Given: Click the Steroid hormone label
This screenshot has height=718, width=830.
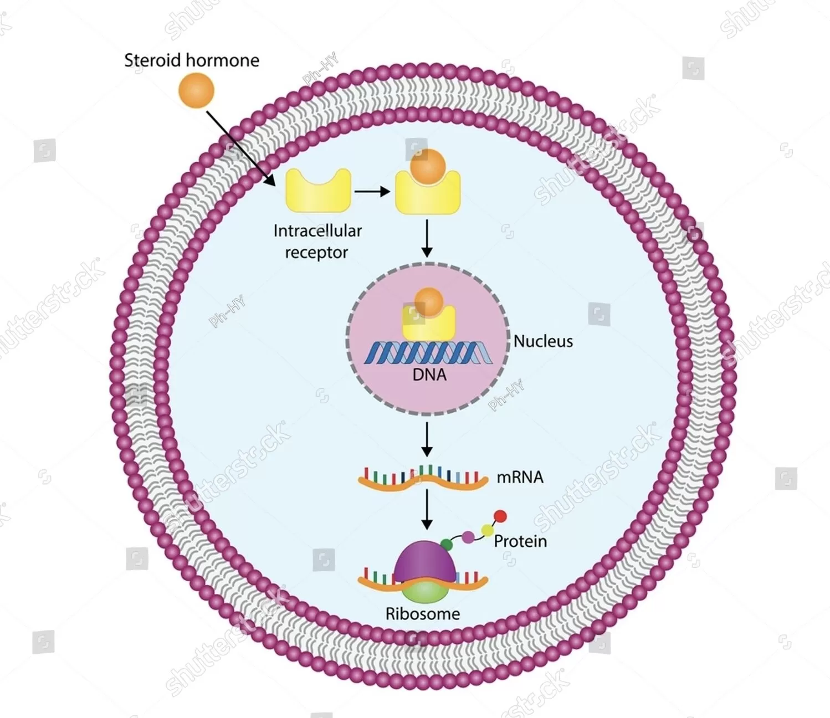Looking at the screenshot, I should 191,60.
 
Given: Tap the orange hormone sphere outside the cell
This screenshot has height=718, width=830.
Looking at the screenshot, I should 196,91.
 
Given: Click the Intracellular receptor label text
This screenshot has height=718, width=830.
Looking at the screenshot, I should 317,241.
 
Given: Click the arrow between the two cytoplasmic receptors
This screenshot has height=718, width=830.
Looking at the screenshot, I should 371,192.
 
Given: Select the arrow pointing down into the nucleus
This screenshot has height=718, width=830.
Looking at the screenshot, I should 427,238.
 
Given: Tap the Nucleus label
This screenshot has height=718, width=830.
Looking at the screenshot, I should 543,341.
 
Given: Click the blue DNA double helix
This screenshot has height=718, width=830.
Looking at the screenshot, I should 428,353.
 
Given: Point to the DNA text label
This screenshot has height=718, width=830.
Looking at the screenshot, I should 429,375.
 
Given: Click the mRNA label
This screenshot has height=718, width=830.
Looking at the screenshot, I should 520,477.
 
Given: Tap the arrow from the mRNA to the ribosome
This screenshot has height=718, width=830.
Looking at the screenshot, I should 427,509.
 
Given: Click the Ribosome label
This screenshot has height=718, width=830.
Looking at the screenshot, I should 423,614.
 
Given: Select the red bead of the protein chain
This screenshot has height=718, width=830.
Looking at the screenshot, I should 500,516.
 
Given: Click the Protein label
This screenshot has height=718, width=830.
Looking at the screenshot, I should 520,541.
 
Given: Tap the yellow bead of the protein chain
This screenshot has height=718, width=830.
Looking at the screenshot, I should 487,530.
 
